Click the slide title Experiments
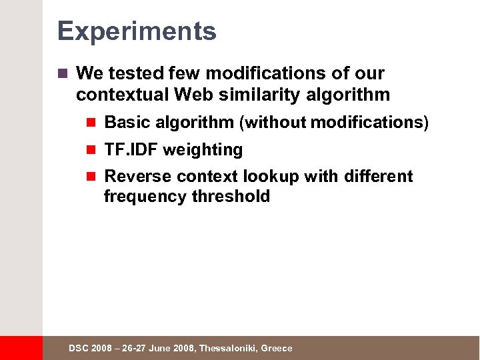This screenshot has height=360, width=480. tap(137, 31)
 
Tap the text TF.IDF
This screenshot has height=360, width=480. tap(131, 150)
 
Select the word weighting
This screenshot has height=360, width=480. tap(203, 151)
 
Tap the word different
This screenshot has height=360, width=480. tap(379, 177)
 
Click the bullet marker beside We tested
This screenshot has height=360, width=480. tap(63, 73)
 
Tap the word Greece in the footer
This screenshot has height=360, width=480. tap(277, 349)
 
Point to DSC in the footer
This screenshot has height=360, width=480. tap(79, 349)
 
